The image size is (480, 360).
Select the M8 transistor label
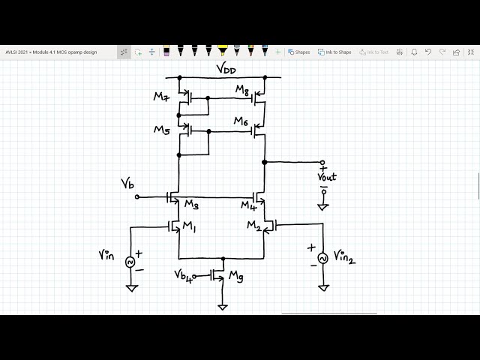[x=242, y=90]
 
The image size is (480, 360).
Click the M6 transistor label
[x=241, y=121]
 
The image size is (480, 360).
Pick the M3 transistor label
[x=191, y=205]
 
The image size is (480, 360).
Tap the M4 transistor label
[x=248, y=205]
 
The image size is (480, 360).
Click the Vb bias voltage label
[x=128, y=184]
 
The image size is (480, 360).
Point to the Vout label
[x=327, y=177]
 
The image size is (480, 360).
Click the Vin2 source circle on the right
[x=323, y=258]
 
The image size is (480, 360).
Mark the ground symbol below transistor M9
[x=223, y=307]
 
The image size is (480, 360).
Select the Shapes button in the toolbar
[x=298, y=52]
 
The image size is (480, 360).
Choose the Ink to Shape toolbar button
[x=334, y=52]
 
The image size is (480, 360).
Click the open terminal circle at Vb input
[x=136, y=197]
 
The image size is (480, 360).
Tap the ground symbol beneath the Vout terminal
[x=323, y=206]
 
